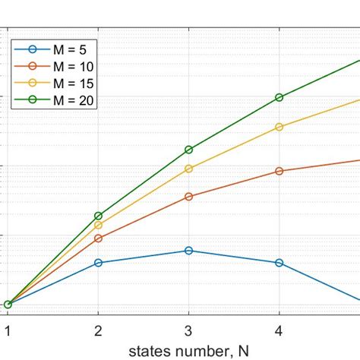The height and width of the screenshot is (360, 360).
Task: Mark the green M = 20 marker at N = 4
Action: [279, 97]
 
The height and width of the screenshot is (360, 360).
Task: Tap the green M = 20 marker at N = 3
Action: [189, 150]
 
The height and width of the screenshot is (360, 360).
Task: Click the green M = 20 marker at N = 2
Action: [98, 216]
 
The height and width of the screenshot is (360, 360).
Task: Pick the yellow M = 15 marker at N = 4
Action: [279, 127]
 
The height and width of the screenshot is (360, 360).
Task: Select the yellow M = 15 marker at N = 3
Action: [189, 169]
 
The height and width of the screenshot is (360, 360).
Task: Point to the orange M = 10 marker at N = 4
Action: [279, 171]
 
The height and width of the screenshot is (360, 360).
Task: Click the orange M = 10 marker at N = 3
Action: [189, 197]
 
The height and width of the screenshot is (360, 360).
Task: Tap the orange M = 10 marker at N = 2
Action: [98, 238]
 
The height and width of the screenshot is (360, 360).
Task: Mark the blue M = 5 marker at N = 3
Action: [189, 251]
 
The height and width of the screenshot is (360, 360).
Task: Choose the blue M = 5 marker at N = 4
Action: [279, 263]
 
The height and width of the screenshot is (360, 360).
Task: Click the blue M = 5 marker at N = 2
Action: [98, 263]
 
